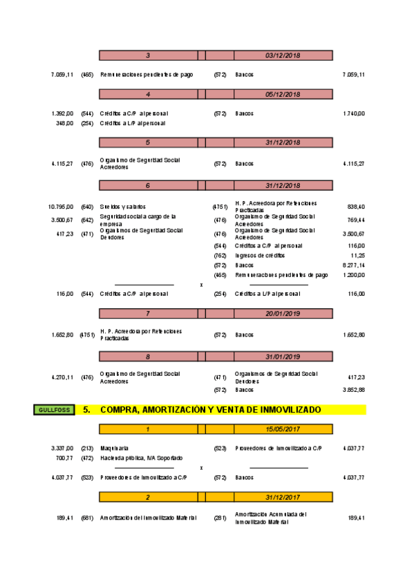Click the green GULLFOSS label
tap(52, 410)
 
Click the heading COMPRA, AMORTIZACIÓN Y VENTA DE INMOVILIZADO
tap(210, 410)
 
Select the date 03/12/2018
tap(283, 55)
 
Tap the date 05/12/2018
tap(283, 95)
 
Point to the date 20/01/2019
tap(283, 313)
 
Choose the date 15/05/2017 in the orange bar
tap(283, 429)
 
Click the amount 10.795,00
tap(61, 207)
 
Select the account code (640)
tap(87, 207)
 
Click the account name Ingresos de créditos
tap(259, 255)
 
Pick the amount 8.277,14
tap(353, 265)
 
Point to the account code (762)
tap(220, 255)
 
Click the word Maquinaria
tap(114, 448)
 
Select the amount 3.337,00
tap(62, 448)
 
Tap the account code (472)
tap(87, 457)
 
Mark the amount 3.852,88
tap(353, 390)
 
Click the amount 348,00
tap(64, 123)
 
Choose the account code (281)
tap(220, 518)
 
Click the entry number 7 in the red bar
tap(148, 313)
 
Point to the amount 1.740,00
tap(353, 113)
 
